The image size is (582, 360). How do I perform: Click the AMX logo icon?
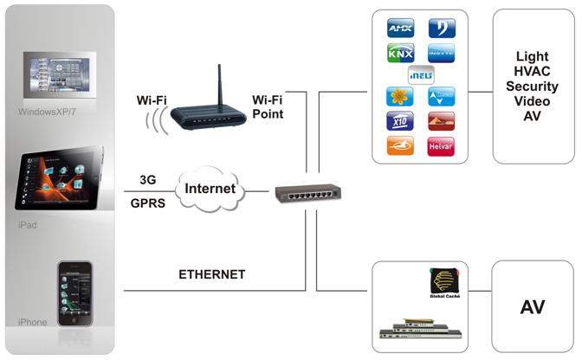coord(399,29)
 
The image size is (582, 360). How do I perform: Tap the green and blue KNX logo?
coord(399,53)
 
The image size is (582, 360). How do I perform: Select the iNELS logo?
coord(420,74)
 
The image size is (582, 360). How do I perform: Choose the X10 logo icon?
coord(399,121)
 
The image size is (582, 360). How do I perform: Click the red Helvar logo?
coord(441,145)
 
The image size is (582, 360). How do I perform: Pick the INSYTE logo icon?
coord(441,53)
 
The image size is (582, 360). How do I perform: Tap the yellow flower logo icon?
coord(399,97)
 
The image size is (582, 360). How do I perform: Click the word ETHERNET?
coord(212,274)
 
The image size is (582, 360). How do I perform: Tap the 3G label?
coord(148,180)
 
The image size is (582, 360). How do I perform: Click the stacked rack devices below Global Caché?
coord(421,327)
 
